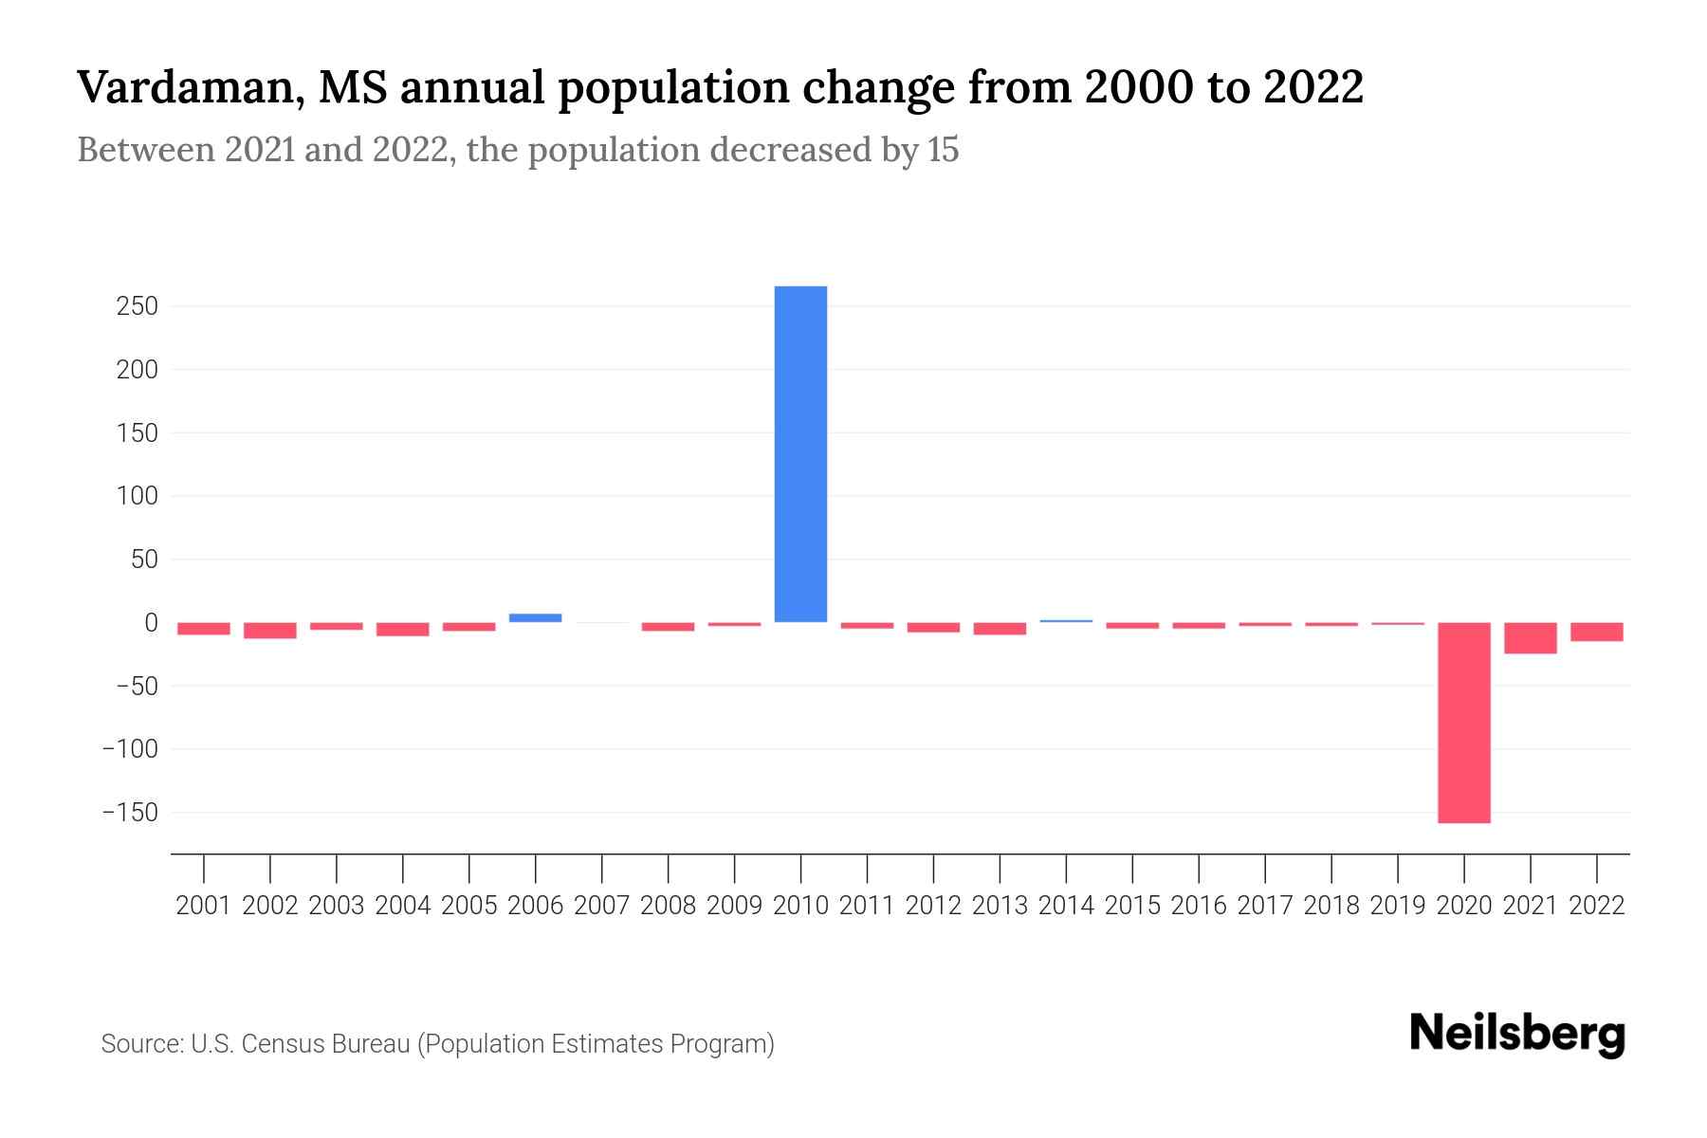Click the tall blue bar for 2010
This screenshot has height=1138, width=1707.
(800, 454)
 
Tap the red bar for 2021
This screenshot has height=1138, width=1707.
(1530, 638)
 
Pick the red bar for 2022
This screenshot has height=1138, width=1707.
(1596, 632)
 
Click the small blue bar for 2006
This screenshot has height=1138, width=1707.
(535, 617)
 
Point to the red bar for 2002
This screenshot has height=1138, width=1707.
(270, 631)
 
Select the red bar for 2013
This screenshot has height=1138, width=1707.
(1000, 629)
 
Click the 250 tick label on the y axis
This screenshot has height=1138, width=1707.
(138, 306)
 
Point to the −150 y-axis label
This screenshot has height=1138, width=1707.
(130, 813)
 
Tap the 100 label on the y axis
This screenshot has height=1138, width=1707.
(138, 496)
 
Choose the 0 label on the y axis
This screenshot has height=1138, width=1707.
(151, 623)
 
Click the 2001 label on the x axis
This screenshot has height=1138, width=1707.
(204, 906)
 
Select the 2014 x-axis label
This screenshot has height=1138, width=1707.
(1066, 906)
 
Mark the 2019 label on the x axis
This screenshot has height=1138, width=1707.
(1397, 906)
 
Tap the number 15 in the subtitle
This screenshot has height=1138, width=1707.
(944, 150)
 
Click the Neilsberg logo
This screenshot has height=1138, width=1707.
(1517, 1034)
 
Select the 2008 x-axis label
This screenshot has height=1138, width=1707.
(668, 906)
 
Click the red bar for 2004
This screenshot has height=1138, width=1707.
(403, 630)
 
